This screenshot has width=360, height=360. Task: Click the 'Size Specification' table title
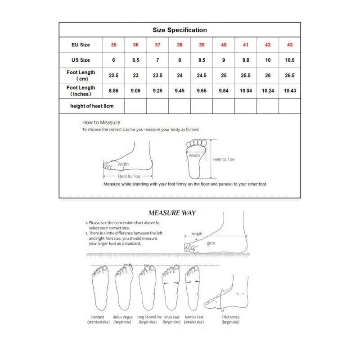[x=180, y=30]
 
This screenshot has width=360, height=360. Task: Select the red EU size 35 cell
[x=113, y=45]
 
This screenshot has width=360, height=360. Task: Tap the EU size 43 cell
[x=289, y=45]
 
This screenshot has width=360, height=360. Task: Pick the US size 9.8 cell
[x=246, y=60]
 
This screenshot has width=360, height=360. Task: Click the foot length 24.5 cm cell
[x=202, y=76]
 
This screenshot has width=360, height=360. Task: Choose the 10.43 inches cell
[x=289, y=91]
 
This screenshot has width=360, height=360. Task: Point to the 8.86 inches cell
[x=113, y=91]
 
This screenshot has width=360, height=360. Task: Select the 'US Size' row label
[x=81, y=60]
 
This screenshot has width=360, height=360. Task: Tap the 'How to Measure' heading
[x=101, y=122]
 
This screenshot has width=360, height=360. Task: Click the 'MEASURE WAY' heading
[x=172, y=213]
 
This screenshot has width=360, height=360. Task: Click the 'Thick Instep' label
[x=230, y=317]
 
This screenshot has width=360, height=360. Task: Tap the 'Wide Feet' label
[x=171, y=317]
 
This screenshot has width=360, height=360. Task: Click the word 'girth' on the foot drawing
[x=211, y=243]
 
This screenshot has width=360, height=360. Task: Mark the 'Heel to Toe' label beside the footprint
[x=223, y=159]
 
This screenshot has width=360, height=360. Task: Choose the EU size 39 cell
[x=202, y=45]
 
